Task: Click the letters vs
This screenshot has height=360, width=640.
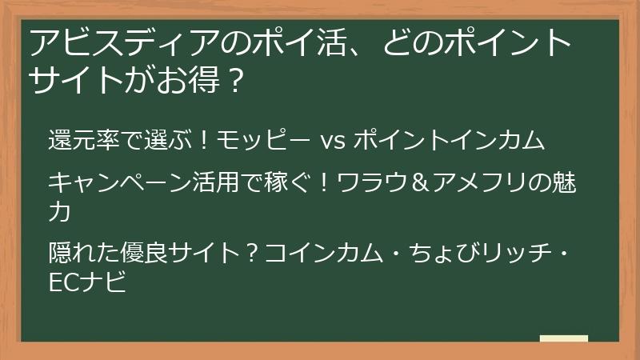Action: point(331,141)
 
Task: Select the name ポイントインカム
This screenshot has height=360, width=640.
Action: point(449,141)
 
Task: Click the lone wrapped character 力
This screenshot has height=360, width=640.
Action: point(60,211)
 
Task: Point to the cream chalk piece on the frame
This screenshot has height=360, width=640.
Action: point(564,339)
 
